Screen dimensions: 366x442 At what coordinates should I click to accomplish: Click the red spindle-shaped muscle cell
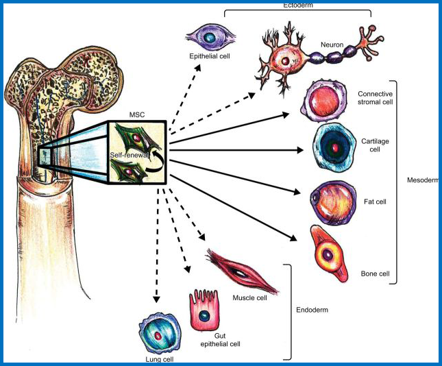(x=241, y=271)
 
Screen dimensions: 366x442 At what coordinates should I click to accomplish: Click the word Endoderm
(x=312, y=310)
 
